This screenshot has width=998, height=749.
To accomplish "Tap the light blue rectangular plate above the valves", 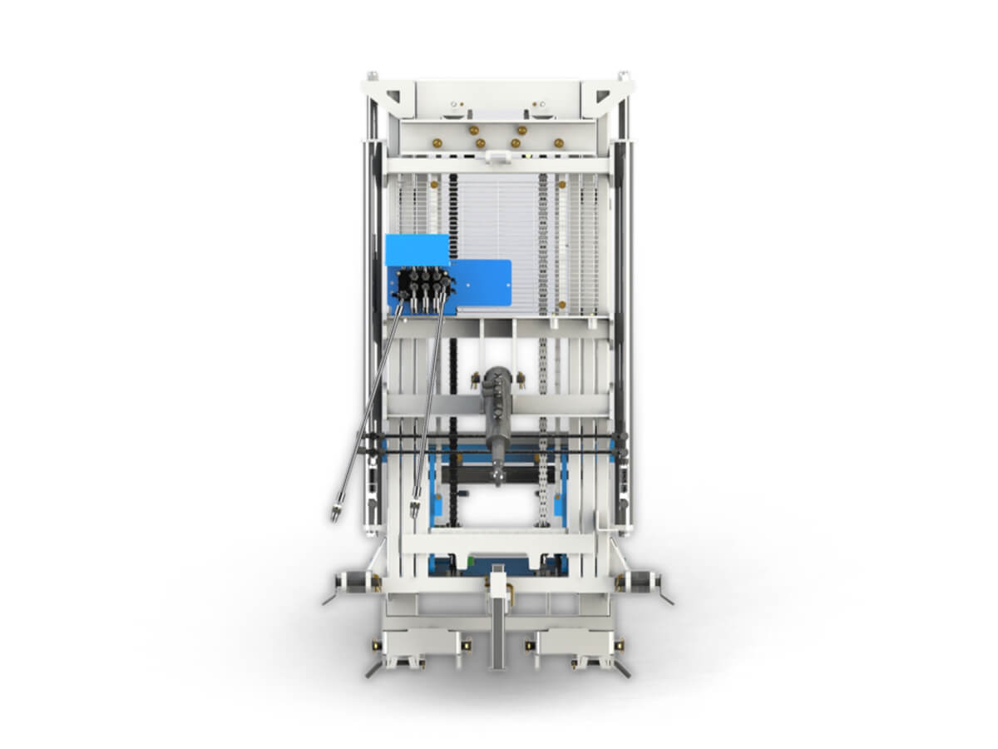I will (417, 248).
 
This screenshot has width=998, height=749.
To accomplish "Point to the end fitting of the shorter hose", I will (414, 507).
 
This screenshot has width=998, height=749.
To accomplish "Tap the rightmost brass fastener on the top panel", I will (558, 142).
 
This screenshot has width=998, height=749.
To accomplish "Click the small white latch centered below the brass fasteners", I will (497, 156).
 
